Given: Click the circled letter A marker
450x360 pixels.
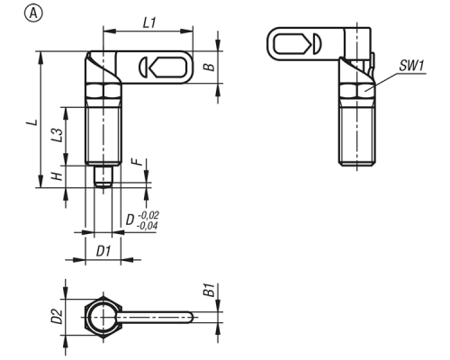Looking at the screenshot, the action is pyautogui.click(x=33, y=13).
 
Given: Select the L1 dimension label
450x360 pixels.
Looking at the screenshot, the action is pyautogui.click(x=149, y=22).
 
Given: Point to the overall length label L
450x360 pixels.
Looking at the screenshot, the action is pyautogui.click(x=35, y=122).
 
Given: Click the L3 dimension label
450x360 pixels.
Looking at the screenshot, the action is pyautogui.click(x=57, y=135).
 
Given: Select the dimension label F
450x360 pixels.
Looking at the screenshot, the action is pyautogui.click(x=138, y=162).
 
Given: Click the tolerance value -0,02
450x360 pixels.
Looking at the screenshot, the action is pyautogui.click(x=148, y=215).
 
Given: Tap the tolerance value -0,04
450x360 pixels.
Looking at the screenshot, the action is pyautogui.click(x=147, y=225).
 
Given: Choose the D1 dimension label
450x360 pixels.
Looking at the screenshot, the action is pyautogui.click(x=103, y=251).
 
